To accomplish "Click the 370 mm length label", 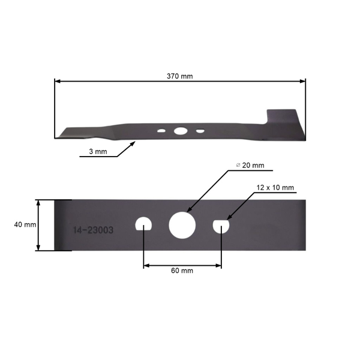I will point(180,76).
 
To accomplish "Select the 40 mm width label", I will point(25,224).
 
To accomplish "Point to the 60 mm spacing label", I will point(182,271).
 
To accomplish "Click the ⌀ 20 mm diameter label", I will point(249,165).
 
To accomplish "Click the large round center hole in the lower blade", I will point(182,224).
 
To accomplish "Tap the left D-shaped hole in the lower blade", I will point(144,224).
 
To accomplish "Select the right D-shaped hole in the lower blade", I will point(221,225).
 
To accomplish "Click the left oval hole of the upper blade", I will point(161,130).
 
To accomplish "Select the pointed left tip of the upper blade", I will point(59,135).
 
